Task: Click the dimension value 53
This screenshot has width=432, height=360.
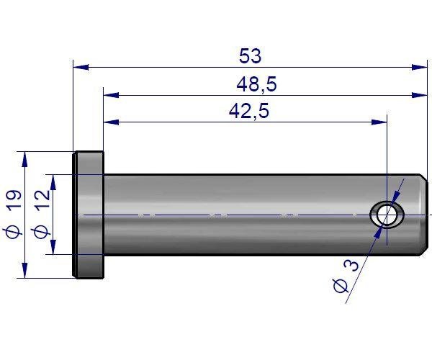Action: [251, 55]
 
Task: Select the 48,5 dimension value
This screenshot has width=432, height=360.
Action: [256, 84]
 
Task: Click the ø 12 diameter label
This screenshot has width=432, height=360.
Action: [41, 215]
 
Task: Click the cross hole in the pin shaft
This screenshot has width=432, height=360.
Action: [387, 215]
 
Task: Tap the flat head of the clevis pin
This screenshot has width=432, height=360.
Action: [89, 214]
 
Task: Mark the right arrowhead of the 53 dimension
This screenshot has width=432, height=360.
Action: [420, 67]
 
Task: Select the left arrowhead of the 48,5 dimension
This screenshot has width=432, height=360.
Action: [111, 95]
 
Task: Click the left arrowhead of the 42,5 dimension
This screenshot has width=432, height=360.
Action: [111, 122]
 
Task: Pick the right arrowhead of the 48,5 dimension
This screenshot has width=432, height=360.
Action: [420, 95]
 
